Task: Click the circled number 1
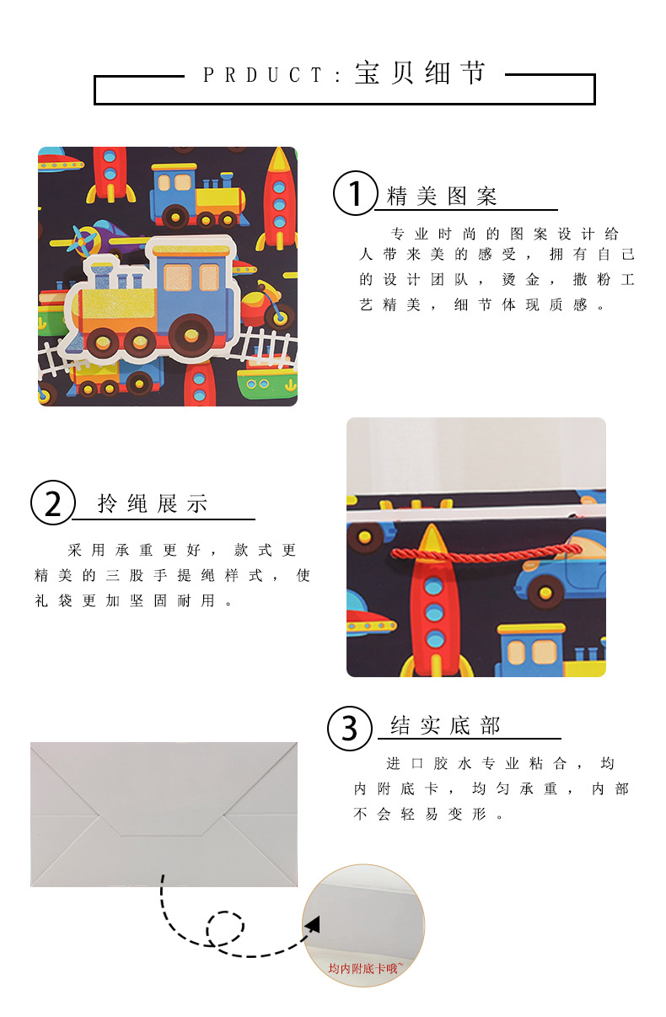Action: (x=356, y=193)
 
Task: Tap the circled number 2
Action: (x=53, y=503)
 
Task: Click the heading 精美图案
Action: (x=442, y=197)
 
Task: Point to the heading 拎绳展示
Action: (x=153, y=504)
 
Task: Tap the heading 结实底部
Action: (x=445, y=725)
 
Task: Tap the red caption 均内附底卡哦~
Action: (x=364, y=968)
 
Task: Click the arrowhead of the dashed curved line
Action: (x=313, y=925)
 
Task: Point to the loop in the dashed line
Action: (x=224, y=928)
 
